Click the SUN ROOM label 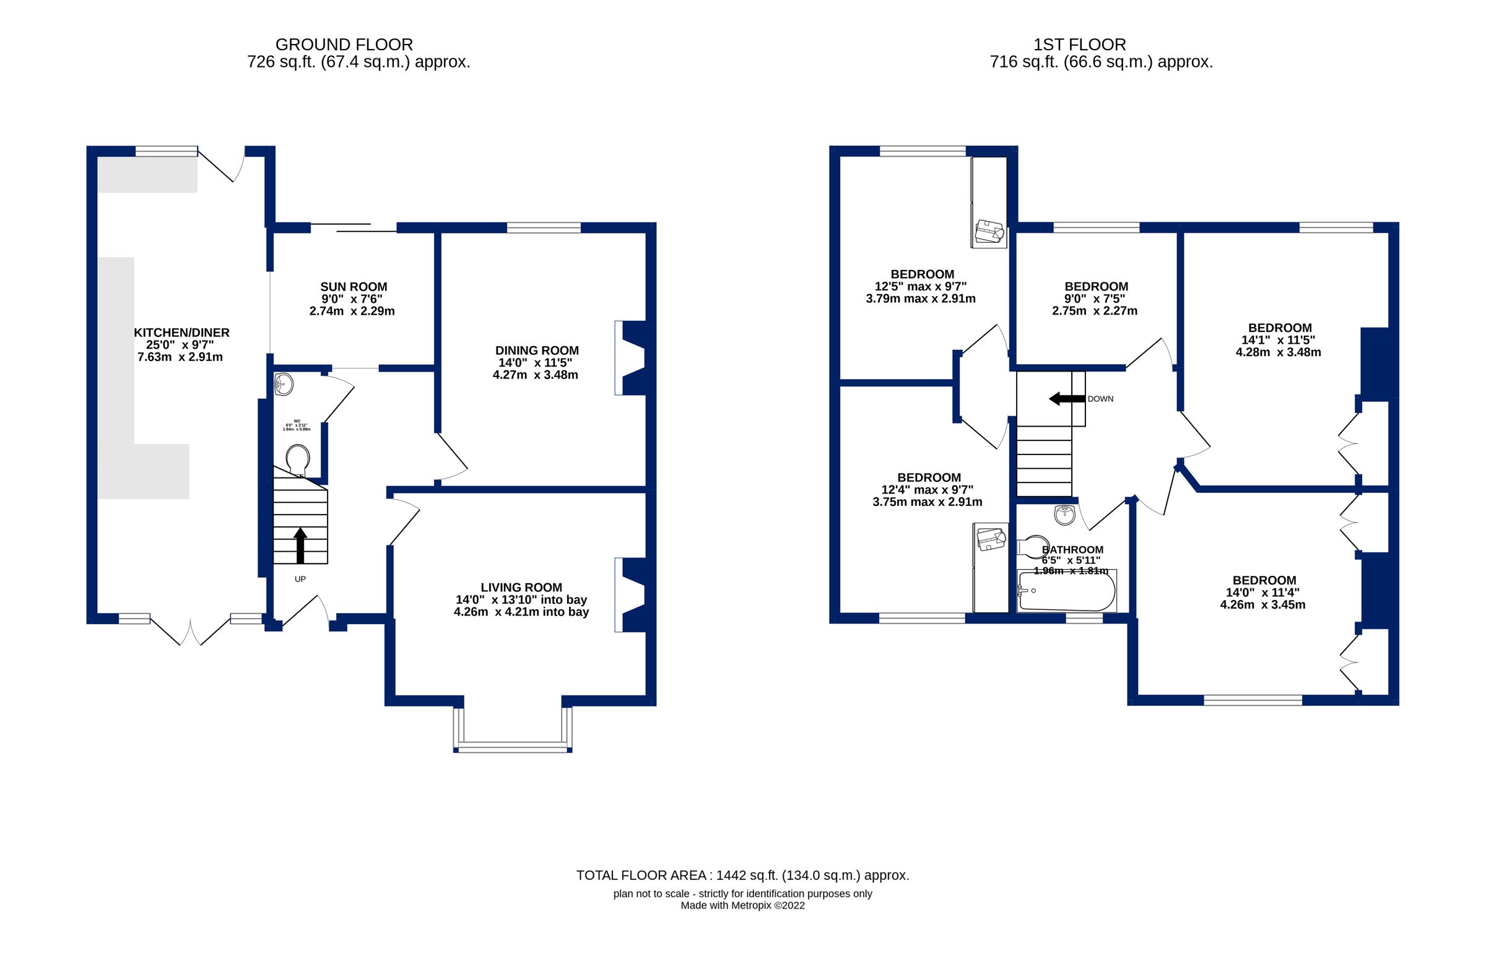pyautogui.click(x=354, y=287)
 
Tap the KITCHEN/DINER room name pyautogui.click(x=181, y=333)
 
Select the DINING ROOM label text pyautogui.click(x=537, y=351)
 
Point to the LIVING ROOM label pyautogui.click(x=521, y=587)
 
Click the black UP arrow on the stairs pyautogui.click(x=300, y=545)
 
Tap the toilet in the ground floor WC pyautogui.click(x=297, y=459)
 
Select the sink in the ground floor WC pyautogui.click(x=284, y=384)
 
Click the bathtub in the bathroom pyautogui.click(x=1066, y=590)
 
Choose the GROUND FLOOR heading pyautogui.click(x=344, y=45)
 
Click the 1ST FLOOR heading pyautogui.click(x=1080, y=45)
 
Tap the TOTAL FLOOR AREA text pyautogui.click(x=742, y=875)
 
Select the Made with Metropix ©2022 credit pyautogui.click(x=742, y=905)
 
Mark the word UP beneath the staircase pyautogui.click(x=300, y=579)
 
